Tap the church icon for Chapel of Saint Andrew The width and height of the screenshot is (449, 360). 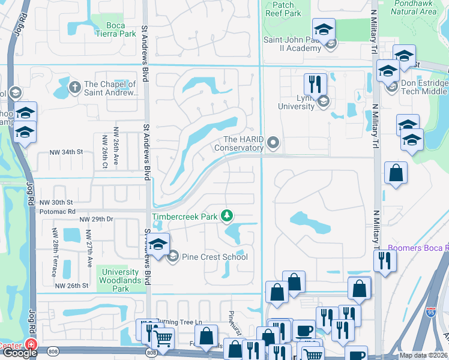[75, 87]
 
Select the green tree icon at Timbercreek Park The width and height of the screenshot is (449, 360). [226, 215]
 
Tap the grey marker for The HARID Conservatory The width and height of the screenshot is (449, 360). [274, 143]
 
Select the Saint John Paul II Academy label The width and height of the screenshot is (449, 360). [292, 44]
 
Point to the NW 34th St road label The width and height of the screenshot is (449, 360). [65, 152]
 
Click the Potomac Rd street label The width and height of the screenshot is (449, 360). [58, 212]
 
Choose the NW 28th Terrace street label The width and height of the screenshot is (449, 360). [55, 253]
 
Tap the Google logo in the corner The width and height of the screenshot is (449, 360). [19, 353]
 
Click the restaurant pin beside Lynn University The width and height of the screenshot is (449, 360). [315, 84]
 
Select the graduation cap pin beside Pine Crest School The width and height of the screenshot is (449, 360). [158, 246]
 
